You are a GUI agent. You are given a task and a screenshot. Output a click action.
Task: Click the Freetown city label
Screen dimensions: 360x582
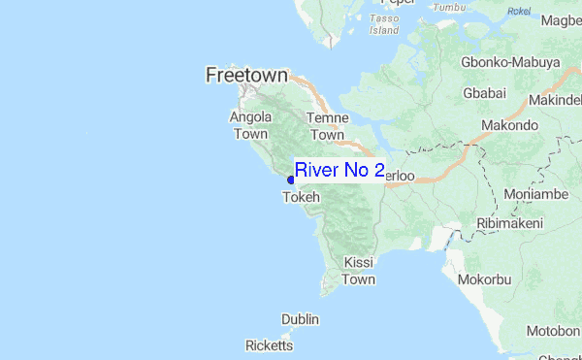point(247,75)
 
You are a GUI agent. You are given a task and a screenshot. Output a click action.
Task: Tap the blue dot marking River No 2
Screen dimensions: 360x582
point(291,179)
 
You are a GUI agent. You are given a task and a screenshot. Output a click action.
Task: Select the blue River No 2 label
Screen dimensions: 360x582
point(339,170)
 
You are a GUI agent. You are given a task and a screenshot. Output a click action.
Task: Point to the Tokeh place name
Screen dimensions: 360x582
point(300,197)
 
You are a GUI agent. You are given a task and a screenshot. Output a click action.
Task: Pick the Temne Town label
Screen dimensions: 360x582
point(327,126)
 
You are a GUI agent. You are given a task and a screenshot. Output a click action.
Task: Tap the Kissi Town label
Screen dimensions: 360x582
point(359,271)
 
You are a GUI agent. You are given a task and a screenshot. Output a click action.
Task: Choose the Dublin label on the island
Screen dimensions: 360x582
point(300,319)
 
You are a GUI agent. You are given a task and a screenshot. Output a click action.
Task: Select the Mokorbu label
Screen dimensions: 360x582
point(485,279)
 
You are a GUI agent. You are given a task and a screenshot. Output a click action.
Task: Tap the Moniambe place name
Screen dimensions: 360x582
point(535,194)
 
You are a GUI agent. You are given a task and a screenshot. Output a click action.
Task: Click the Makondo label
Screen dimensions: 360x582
point(510,125)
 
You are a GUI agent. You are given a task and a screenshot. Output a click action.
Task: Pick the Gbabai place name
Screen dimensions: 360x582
point(485,93)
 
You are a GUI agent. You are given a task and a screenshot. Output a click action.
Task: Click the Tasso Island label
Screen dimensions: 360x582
point(384,24)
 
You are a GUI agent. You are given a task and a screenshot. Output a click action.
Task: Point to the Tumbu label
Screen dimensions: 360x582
point(449,7)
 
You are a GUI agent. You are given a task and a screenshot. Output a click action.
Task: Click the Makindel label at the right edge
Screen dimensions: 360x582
point(555,101)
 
